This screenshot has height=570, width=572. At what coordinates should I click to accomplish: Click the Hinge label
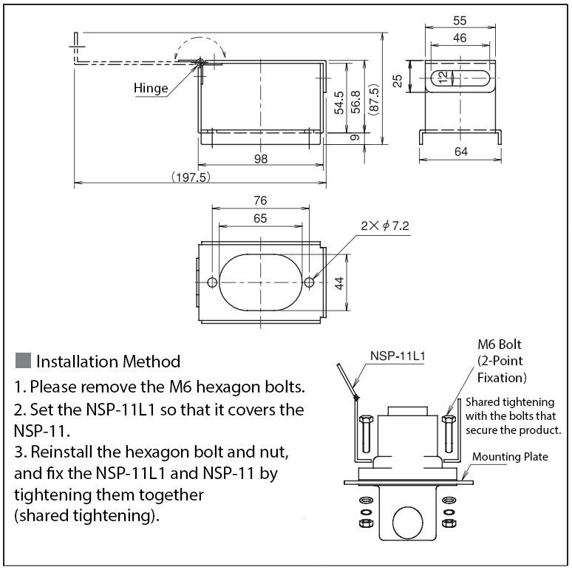[151, 88]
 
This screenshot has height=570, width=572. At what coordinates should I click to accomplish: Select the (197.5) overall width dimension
[191, 177]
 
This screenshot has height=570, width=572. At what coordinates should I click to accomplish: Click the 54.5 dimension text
[338, 103]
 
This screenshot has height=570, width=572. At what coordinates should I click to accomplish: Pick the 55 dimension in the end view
[460, 22]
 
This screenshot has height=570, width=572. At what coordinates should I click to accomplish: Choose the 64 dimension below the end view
[460, 152]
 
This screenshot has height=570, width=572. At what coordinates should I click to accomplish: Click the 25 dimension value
[398, 79]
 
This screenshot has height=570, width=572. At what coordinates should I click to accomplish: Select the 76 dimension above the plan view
[260, 200]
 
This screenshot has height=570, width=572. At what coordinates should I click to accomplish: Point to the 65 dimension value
[260, 219]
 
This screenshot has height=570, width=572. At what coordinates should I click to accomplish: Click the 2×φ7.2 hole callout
[385, 226]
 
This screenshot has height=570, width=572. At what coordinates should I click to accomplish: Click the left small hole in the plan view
[212, 282]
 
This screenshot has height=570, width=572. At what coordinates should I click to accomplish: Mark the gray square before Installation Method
[23, 361]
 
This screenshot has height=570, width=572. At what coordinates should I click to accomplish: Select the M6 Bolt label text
[500, 345]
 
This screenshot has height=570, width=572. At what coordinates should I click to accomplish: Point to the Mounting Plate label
[510, 456]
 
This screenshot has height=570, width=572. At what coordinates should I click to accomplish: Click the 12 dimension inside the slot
[442, 77]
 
